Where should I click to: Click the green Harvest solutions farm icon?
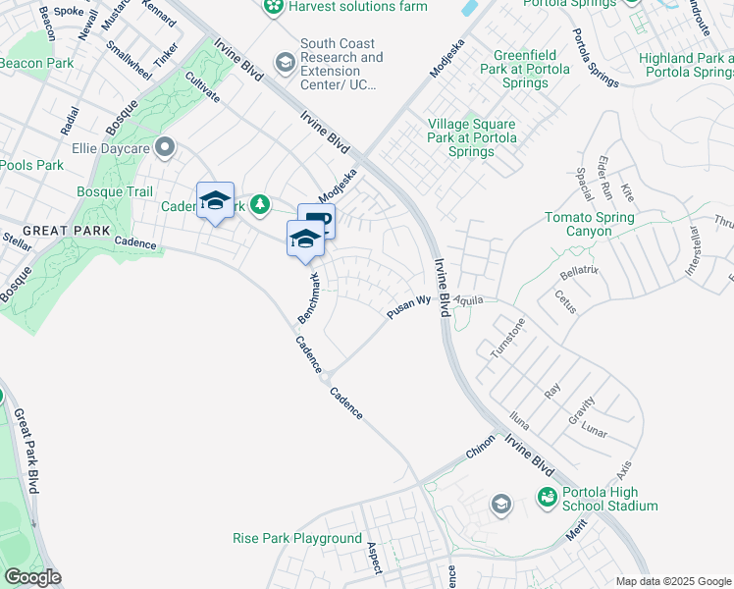pos(275,7)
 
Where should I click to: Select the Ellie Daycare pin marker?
pos(165,148)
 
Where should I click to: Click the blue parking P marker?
pos(316,222)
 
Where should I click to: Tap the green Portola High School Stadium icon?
pos(545,499)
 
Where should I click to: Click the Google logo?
pos(31,577)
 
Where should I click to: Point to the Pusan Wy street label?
pos(408,308)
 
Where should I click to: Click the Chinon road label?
pos(480,449)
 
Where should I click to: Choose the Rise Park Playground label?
pos(297,538)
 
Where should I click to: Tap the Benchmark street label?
pos(309,299)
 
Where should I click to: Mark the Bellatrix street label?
pos(579,269)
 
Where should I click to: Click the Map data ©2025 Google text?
pos(672,581)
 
